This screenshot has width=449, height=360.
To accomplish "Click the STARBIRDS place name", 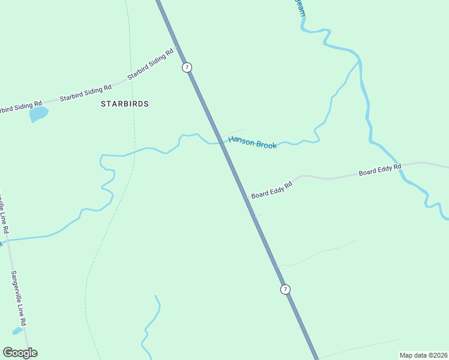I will click(x=124, y=104).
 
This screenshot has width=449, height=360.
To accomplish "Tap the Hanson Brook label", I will click(x=252, y=143).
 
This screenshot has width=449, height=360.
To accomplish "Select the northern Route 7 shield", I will click(x=187, y=67).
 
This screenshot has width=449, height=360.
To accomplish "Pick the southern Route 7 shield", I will click(x=285, y=289).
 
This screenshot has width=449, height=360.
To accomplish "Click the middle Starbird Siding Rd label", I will click(x=86, y=92).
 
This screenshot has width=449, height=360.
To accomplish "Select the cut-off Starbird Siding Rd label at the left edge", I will click(x=20, y=106).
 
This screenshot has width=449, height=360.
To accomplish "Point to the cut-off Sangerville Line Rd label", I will click(x=4, y=212).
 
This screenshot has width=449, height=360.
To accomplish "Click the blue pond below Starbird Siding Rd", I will click(x=38, y=113).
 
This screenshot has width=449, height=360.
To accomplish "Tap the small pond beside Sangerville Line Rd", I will click(x=17, y=330).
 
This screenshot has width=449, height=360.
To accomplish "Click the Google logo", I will click(x=20, y=353).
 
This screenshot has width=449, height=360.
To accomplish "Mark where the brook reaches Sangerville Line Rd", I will click(x=8, y=240).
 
